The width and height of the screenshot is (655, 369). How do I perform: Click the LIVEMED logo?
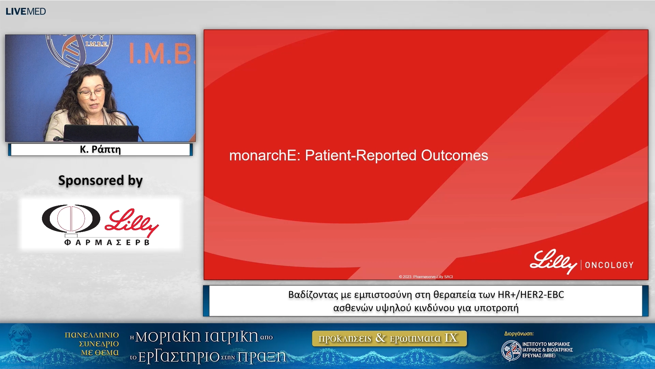[x=26, y=11]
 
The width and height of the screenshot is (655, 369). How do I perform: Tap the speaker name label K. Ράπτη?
[x=100, y=149]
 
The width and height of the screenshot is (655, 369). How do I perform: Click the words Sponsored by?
[x=100, y=180]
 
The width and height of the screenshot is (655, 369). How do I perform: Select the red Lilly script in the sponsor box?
[x=132, y=223]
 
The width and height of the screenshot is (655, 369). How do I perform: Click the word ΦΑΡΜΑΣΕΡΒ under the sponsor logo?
[x=107, y=242]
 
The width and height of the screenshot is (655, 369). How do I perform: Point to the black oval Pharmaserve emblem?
[x=71, y=219]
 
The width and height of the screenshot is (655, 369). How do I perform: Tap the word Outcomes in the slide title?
[x=454, y=155]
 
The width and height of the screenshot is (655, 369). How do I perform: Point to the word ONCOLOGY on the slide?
[x=609, y=265]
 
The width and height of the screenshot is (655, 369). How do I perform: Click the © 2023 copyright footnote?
[x=426, y=277]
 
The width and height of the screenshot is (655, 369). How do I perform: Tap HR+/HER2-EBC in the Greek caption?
[x=531, y=295]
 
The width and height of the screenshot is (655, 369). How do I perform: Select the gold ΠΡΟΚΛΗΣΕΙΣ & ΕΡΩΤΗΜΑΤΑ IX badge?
[x=389, y=338]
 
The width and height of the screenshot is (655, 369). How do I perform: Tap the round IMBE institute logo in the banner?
[x=511, y=350]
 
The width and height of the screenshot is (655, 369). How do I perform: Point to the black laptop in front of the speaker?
[x=101, y=133]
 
